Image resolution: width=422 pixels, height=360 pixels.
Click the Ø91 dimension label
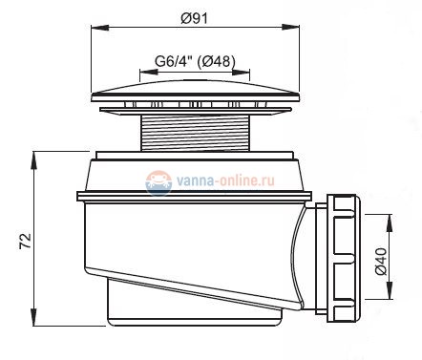(194, 18)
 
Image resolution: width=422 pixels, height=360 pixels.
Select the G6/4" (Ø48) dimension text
(195, 60)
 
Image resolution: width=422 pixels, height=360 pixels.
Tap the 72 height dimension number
(26, 242)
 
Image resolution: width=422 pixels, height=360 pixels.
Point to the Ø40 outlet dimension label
(381, 261)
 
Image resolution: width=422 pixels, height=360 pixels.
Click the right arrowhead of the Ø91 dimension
(291, 27)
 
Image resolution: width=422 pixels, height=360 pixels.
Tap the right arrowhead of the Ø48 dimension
(241, 73)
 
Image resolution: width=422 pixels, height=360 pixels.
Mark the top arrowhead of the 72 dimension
(33, 160)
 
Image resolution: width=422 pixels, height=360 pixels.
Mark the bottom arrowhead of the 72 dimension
(33, 317)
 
